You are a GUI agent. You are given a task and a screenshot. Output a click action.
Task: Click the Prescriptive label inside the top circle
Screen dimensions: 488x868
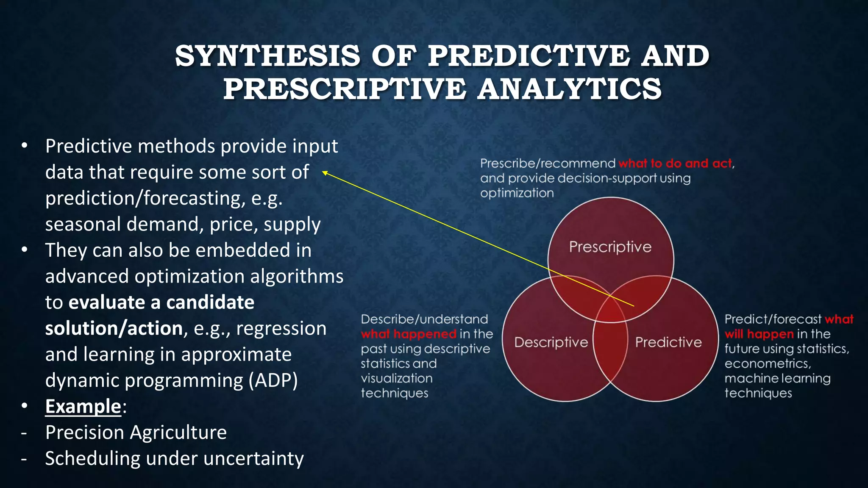tap(610, 247)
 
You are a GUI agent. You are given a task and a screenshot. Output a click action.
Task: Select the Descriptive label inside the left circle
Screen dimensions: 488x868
tap(551, 342)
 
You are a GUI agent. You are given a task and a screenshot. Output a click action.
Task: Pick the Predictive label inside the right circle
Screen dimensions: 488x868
tap(668, 342)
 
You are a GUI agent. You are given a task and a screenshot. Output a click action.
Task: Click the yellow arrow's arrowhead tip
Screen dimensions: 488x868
tap(323, 172)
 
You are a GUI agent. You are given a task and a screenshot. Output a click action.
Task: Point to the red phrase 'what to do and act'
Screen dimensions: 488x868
tap(675, 164)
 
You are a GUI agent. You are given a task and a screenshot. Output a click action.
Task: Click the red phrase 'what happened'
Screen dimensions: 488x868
tap(409, 334)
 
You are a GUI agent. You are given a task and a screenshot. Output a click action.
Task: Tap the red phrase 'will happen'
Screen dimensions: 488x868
tap(759, 334)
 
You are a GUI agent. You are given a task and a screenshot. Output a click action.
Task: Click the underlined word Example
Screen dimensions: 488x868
tap(83, 406)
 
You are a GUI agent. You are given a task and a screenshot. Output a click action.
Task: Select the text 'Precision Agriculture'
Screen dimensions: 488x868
tap(136, 433)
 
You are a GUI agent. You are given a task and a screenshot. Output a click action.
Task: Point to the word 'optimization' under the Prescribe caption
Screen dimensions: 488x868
tap(517, 193)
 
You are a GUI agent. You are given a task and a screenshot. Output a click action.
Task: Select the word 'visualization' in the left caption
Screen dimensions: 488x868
tap(396, 378)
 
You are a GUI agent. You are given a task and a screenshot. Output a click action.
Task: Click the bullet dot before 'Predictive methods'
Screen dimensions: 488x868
tap(25, 146)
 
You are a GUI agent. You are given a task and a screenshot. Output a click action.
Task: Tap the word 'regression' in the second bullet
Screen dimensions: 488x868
tap(281, 328)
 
